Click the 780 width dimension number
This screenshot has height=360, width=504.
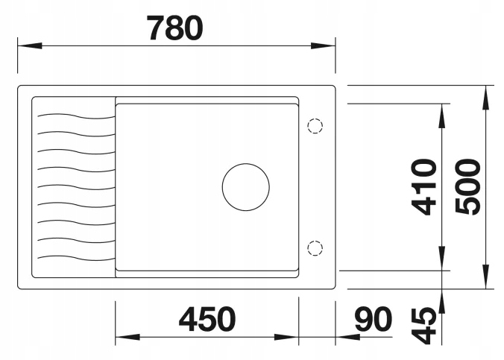(175, 28)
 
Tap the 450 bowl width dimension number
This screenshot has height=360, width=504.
(207, 319)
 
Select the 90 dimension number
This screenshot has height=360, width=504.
(374, 319)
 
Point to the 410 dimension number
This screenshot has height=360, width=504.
(424, 187)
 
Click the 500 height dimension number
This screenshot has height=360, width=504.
(468, 186)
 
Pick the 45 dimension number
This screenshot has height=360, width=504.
(424, 326)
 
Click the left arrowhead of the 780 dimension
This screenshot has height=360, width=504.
(30, 45)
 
